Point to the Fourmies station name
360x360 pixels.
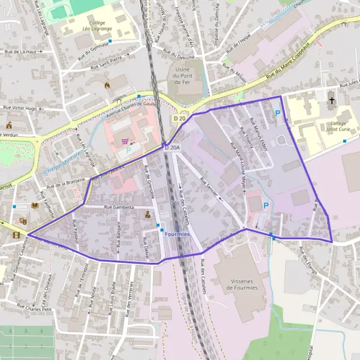tap(177, 233)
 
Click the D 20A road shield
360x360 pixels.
tap(172, 147)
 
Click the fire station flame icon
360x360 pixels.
tap(107, 85)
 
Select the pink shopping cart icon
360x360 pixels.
tap(125, 142)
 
